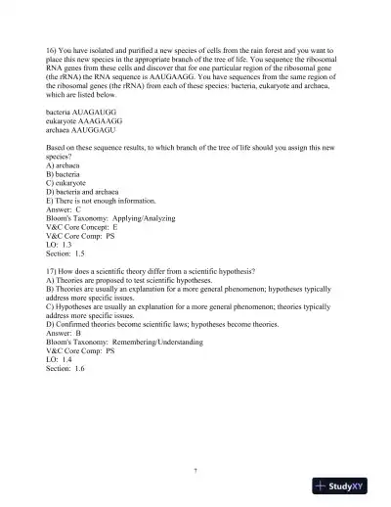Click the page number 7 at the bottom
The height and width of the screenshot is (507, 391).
click(x=195, y=471)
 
